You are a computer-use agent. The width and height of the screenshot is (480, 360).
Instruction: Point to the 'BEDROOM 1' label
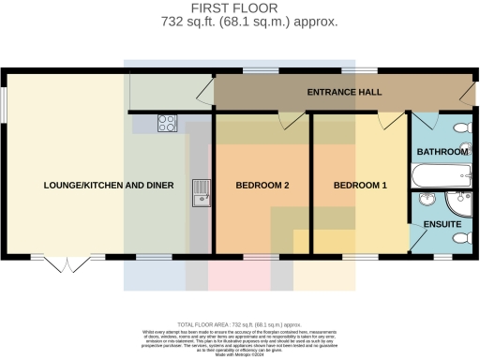(x=360, y=186)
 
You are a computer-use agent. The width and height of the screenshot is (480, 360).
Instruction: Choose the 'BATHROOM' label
(x=442, y=152)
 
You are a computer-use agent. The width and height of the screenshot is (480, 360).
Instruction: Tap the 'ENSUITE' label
(x=441, y=225)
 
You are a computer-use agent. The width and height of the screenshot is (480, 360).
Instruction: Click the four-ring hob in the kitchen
(x=168, y=122)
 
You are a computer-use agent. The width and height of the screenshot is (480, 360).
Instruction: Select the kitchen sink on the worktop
(x=199, y=192)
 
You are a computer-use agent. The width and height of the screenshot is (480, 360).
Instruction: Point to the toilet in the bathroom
(x=461, y=128)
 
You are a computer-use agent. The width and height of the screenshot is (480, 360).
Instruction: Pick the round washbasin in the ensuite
(x=427, y=200)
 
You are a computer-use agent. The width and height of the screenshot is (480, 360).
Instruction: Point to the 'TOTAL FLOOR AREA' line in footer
(x=239, y=322)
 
